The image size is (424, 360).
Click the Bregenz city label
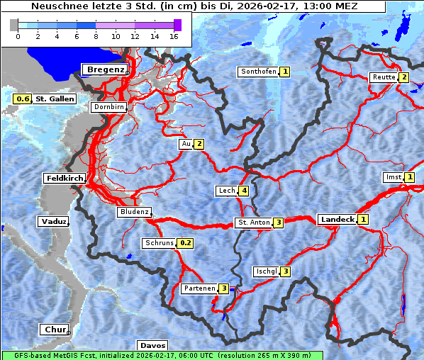coord(106,69)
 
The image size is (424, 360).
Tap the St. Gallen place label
coord(55,99)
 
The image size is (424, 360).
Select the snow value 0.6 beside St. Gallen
coord(23,99)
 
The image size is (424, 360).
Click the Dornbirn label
coord(108,108)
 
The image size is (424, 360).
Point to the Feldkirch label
coord(65,178)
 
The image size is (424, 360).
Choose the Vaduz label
coord(54,221)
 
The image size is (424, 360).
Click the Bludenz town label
coord(134,212)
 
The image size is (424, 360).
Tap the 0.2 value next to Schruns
coord(186,243)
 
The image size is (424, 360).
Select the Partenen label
coord(199,288)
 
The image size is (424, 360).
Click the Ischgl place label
coord(266,271)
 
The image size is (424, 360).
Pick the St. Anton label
coord(253,223)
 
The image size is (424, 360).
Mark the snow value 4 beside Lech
coord(244,191)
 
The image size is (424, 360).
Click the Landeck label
coord(337,220)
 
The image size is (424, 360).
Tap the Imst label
coord(392,177)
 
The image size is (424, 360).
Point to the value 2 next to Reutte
coord(403,77)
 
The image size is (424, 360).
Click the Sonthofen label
coord(258,72)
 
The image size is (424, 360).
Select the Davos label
coord(152,346)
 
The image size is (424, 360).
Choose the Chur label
coord(55,330)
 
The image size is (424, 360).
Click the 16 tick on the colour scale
coord(174,35)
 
